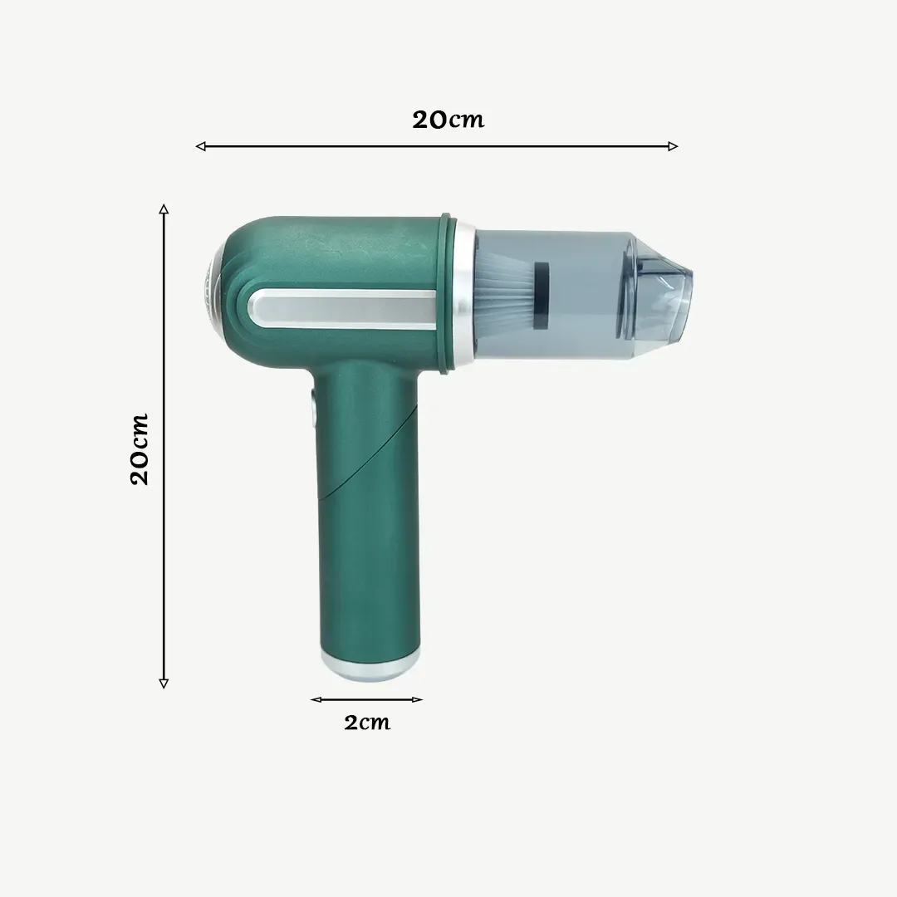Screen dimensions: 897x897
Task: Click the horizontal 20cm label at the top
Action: click(x=448, y=120)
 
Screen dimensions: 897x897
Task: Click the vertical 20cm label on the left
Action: click(x=140, y=449)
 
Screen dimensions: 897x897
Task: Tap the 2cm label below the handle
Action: click(x=367, y=722)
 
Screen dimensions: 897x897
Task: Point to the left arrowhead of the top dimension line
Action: click(x=200, y=146)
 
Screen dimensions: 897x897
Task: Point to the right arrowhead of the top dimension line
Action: click(x=674, y=146)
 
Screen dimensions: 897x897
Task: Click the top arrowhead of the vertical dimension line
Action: click(x=164, y=208)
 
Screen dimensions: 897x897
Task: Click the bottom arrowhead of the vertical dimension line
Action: click(x=164, y=683)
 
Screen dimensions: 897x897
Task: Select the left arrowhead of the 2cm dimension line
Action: click(x=316, y=699)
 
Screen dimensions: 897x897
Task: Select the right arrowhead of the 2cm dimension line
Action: click(x=418, y=699)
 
